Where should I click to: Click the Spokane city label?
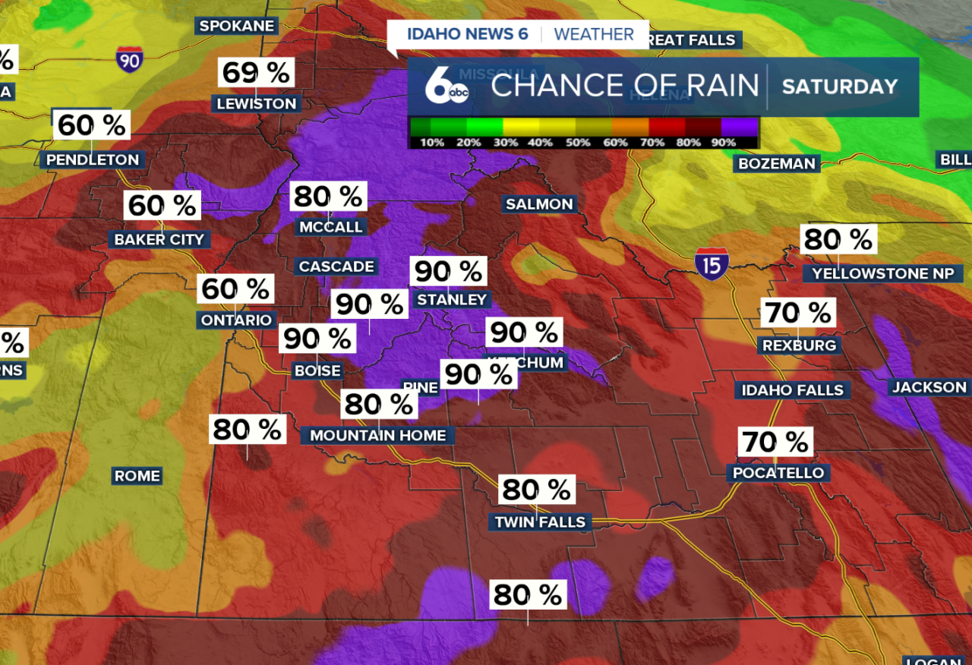pos(236,26)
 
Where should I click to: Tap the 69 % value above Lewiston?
pos(256,73)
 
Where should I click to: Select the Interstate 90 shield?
pos(130,59)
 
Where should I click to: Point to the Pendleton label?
pos(93,159)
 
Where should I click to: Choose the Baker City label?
pos(159,239)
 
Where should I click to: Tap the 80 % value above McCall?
pos(329,197)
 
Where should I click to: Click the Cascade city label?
pos(336,266)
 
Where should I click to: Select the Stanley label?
pos(451,300)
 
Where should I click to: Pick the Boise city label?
pos(317,370)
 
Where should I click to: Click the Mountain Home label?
pos(378,435)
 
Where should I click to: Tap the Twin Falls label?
pos(540,522)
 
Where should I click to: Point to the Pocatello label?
pos(778,473)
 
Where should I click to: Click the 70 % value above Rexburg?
pos(798,312)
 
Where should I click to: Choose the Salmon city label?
pos(539,204)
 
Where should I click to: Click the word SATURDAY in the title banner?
pos(840,87)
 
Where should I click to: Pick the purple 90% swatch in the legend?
pos(739,126)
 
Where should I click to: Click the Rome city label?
pos(137,476)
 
